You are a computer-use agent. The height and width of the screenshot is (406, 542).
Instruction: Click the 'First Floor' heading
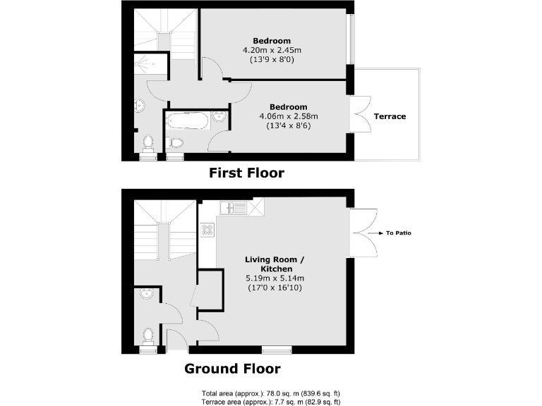246,173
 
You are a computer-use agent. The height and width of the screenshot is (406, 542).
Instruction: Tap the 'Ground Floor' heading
232,369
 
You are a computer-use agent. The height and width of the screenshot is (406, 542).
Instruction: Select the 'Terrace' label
390,116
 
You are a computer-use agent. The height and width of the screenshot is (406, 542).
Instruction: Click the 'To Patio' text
398,233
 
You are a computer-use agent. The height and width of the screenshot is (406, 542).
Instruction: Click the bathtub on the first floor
188,121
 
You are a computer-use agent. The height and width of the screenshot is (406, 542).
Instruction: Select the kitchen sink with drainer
232,207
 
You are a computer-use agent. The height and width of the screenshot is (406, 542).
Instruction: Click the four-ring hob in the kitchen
207,230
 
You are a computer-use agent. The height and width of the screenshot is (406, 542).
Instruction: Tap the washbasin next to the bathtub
219,118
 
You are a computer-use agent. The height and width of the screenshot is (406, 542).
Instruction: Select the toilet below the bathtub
176,143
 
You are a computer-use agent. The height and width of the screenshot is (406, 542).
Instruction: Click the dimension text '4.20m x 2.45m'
272,50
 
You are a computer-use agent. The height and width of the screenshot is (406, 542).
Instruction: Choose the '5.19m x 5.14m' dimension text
274,278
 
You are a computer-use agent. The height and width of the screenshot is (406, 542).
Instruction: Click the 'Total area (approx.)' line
271,393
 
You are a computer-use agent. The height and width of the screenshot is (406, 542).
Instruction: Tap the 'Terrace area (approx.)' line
271,401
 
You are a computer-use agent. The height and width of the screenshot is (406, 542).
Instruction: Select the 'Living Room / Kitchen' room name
274,264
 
